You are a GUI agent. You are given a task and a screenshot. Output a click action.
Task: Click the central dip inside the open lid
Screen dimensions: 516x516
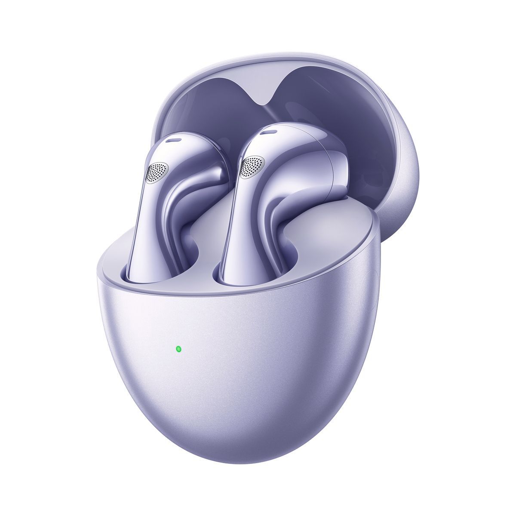click(272, 101)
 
